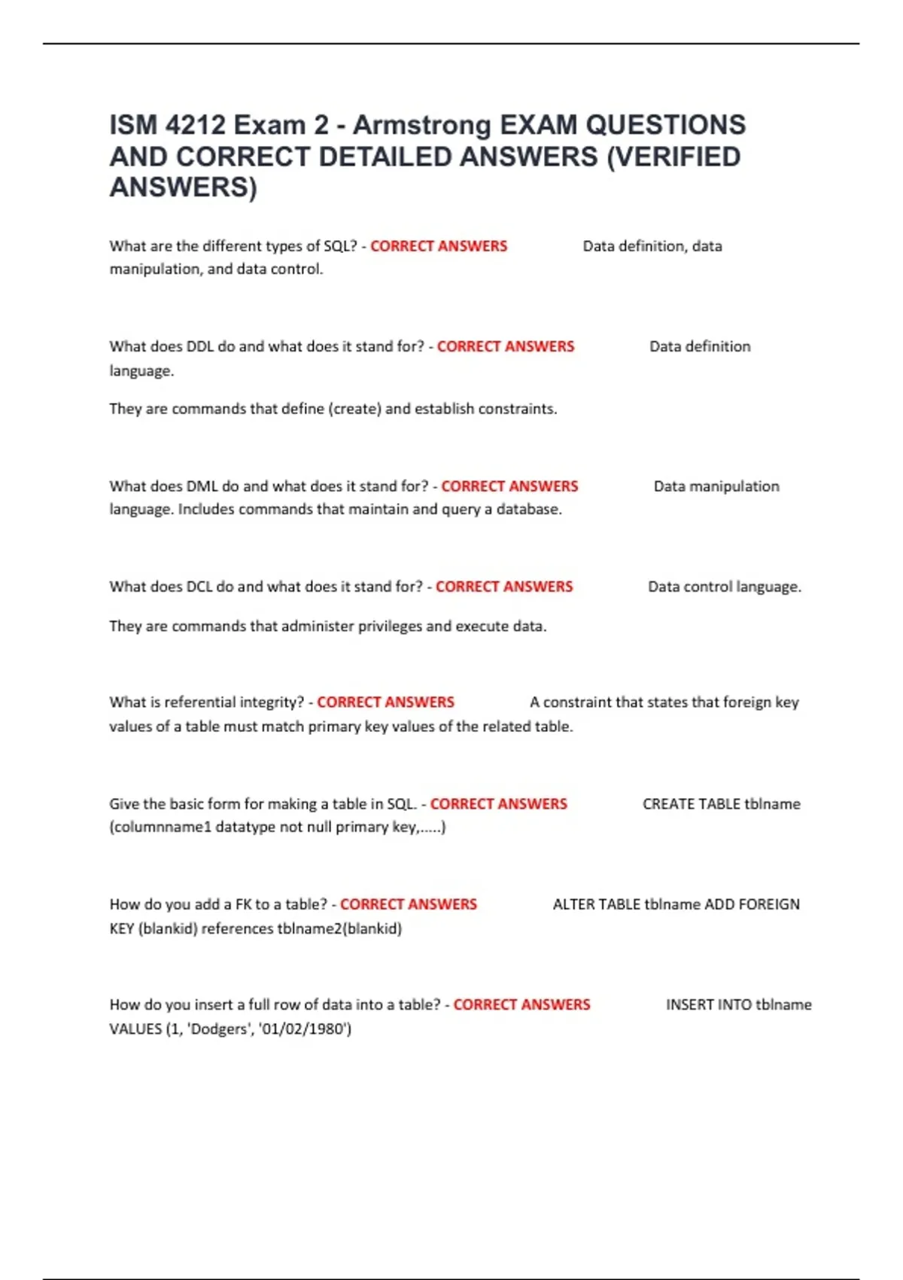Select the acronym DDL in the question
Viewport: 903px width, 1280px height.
(199, 346)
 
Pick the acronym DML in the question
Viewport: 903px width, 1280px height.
(202, 486)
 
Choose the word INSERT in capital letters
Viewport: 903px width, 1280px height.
(689, 1004)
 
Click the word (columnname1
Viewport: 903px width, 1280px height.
(160, 827)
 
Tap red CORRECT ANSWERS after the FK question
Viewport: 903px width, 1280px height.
(409, 904)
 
